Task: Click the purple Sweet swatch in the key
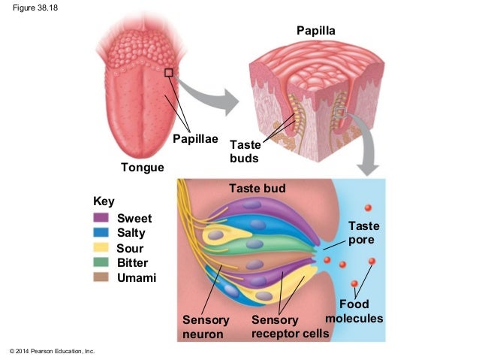click(101, 218)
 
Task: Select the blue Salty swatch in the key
click(101, 232)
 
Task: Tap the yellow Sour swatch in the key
click(101, 247)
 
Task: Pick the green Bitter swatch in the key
click(101, 262)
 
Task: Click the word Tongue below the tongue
click(143, 167)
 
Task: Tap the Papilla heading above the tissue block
click(316, 31)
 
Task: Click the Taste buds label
click(245, 151)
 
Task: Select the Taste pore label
click(364, 233)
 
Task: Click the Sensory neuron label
click(203, 327)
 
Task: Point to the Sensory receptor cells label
click(290, 327)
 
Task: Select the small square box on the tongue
click(169, 73)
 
